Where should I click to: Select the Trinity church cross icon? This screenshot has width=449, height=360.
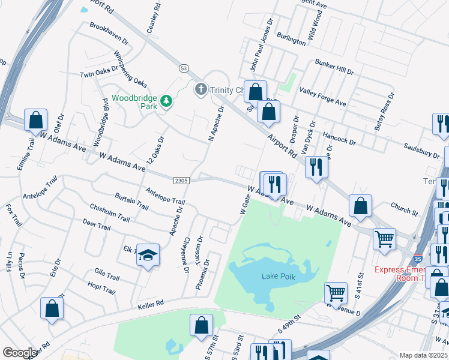(x=200, y=90)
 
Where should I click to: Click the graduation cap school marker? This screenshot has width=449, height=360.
(x=148, y=256)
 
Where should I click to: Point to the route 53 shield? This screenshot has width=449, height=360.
(x=183, y=68)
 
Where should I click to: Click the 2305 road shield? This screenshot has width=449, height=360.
(x=182, y=180)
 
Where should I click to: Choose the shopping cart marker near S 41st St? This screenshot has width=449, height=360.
(x=384, y=238)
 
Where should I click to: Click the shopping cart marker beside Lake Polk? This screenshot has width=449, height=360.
(x=336, y=293)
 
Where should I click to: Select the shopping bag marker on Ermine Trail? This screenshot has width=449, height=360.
(x=36, y=119)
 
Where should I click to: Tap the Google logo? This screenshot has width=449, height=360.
(x=20, y=352)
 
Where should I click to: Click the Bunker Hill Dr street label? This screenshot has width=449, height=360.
(x=334, y=67)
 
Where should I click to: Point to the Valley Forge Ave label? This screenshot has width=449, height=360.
(x=324, y=94)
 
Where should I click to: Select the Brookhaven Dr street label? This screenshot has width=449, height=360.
(x=109, y=34)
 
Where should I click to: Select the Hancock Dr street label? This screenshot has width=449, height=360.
(x=339, y=139)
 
